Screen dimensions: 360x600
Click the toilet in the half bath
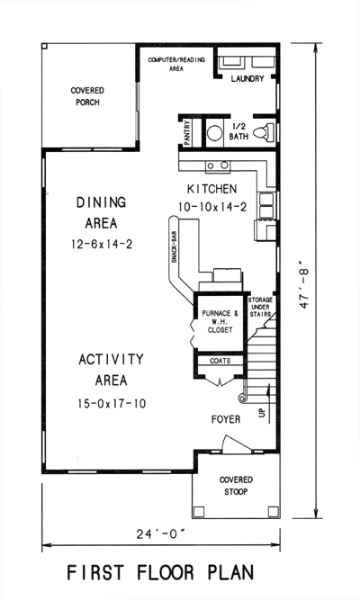coord(264,131)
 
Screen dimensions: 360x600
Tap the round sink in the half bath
coord(215,133)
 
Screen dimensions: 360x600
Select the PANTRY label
coord(187,133)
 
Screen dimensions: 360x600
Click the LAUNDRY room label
coord(247,79)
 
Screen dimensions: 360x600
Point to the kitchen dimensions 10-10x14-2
coord(212,207)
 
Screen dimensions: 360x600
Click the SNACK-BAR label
coord(174,246)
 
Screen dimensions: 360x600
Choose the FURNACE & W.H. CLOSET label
coord(220,321)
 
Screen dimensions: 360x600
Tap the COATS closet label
coord(220,361)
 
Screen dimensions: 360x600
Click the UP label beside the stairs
coord(262,413)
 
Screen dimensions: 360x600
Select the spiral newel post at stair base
coord(242,399)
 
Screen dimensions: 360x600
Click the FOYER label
coord(226,419)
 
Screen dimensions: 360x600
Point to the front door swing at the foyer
coord(237,443)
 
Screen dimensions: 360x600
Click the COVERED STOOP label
coord(236,486)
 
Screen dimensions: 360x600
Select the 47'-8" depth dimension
coord(304,284)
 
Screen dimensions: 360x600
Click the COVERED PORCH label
coord(87,96)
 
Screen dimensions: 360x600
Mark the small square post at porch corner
coord(44,46)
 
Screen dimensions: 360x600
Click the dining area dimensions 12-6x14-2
coord(102,244)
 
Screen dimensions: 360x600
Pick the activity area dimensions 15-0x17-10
coord(112,404)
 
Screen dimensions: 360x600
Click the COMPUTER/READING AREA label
coord(176,64)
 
